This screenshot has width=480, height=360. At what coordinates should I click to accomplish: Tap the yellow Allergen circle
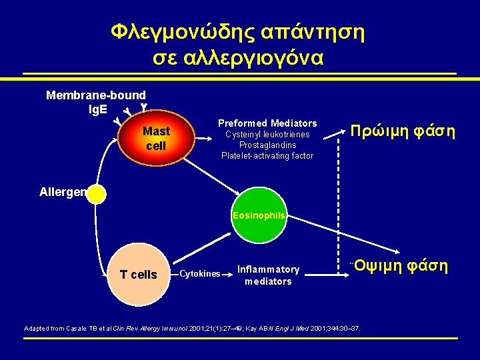(x=97, y=194)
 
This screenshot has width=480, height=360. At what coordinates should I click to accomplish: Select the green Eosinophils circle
(x=259, y=215)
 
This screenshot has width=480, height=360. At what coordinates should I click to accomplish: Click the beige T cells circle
(x=138, y=273)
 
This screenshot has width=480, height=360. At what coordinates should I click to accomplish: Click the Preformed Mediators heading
(x=267, y=123)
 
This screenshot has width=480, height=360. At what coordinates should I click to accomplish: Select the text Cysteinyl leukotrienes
(x=267, y=135)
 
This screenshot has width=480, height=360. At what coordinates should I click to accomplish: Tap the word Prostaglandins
(x=267, y=145)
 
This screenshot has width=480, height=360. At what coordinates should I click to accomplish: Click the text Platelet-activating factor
(x=267, y=156)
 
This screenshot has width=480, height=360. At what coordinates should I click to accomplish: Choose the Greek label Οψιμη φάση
(x=400, y=267)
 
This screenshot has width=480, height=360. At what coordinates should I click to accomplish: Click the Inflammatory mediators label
(x=268, y=275)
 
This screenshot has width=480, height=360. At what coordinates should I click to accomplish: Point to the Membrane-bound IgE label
(x=95, y=102)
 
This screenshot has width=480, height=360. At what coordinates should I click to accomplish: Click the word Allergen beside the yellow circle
(x=63, y=192)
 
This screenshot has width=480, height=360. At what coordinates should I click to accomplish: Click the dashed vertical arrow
(x=338, y=200)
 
